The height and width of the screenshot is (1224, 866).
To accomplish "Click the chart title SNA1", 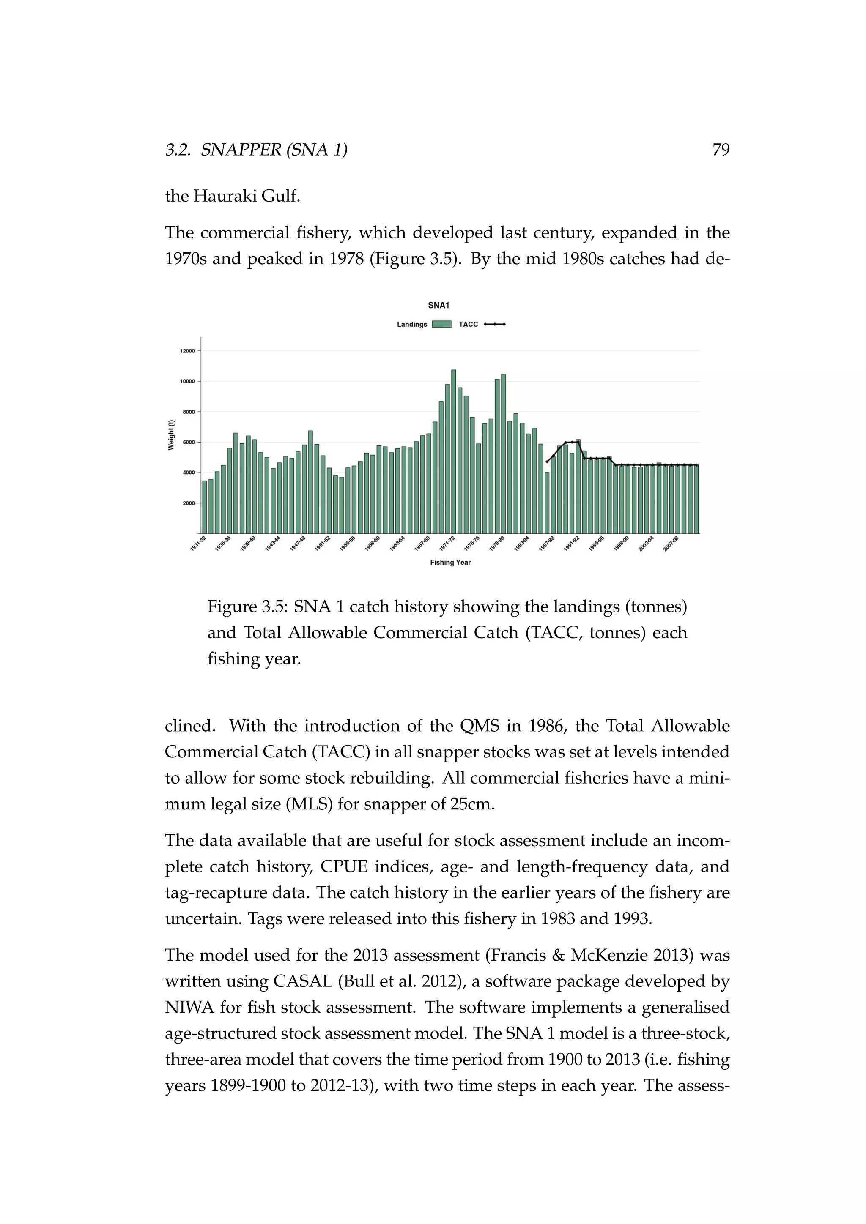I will (x=438, y=306).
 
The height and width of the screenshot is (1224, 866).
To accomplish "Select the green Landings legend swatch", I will (x=441, y=324).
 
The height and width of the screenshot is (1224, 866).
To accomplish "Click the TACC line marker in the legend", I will (x=494, y=324).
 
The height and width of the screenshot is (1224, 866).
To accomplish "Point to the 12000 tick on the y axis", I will (x=188, y=351).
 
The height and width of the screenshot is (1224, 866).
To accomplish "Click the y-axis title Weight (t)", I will (x=171, y=435).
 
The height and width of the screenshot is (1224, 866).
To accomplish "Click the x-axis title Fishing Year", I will (x=450, y=563).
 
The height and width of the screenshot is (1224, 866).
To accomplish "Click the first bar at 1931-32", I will (x=204, y=506).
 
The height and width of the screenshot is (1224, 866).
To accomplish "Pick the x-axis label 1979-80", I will (x=496, y=544).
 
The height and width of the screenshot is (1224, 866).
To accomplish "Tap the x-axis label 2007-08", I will (x=670, y=544).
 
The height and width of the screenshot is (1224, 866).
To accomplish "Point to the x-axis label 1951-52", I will (x=322, y=544).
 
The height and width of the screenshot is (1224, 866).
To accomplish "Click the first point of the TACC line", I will (x=547, y=462).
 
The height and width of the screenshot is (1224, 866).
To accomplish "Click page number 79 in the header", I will (x=721, y=150).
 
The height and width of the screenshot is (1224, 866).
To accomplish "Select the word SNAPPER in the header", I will (x=241, y=150).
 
